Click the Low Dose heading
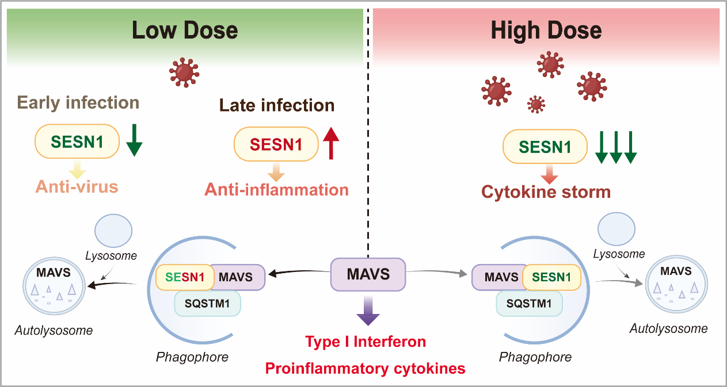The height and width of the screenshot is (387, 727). coord(185,30)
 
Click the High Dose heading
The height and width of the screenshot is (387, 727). coord(546,30)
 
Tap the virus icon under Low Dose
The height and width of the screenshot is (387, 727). coord(184,72)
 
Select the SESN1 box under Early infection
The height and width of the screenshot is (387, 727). coord(77,141)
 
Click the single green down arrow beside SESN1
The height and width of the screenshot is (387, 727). coord(134,140)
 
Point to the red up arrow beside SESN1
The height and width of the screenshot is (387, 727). coord(331,143)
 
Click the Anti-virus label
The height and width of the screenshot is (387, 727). coord(77,187)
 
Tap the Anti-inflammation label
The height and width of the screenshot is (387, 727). coord(276,190)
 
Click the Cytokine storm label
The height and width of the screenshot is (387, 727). coord(546,192)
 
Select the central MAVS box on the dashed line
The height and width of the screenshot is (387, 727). coord(368,274)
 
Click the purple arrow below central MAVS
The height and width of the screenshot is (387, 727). coord(368,311)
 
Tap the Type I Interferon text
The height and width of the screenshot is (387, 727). coord(366,342)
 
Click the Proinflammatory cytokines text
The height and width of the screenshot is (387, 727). coord(365,369)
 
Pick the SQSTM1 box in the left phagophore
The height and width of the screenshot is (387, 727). coord(207,304)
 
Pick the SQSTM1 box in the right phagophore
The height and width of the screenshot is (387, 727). coord(529,304)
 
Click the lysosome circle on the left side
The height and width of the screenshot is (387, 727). coord(113,231)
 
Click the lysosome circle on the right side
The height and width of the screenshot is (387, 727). coord(616,229)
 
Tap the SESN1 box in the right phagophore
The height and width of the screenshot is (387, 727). coord(551,277)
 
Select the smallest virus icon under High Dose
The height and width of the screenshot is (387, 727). coord(536,104)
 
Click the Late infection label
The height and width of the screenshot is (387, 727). coord(277,105)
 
